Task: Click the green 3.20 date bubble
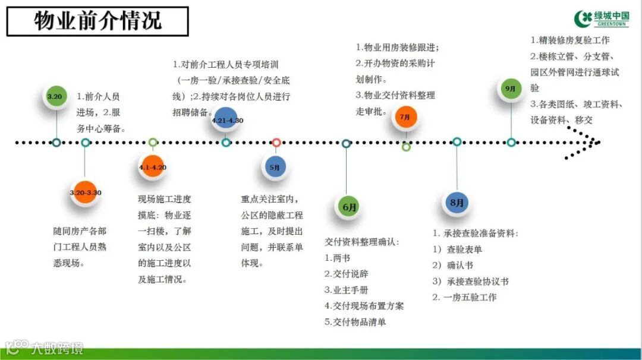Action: click(x=55, y=96)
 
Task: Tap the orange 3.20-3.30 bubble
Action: click(x=85, y=192)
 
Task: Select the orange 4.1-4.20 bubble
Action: click(x=152, y=167)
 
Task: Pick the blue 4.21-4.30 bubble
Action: click(x=226, y=121)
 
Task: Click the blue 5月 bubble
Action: click(x=275, y=168)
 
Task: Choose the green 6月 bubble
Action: click(x=349, y=207)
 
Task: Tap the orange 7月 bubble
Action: click(x=405, y=117)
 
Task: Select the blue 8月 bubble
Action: click(x=457, y=203)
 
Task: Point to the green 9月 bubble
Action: click(x=511, y=89)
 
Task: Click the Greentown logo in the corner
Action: click(x=602, y=18)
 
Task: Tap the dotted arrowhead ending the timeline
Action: click(x=588, y=143)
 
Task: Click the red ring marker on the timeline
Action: click(x=276, y=143)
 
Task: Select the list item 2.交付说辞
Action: click(x=347, y=274)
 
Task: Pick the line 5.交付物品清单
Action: click(x=355, y=322)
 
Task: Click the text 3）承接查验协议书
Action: click(x=470, y=282)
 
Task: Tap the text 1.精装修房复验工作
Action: click(x=569, y=40)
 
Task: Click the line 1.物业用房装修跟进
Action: click(x=398, y=48)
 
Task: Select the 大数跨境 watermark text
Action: click(x=58, y=348)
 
